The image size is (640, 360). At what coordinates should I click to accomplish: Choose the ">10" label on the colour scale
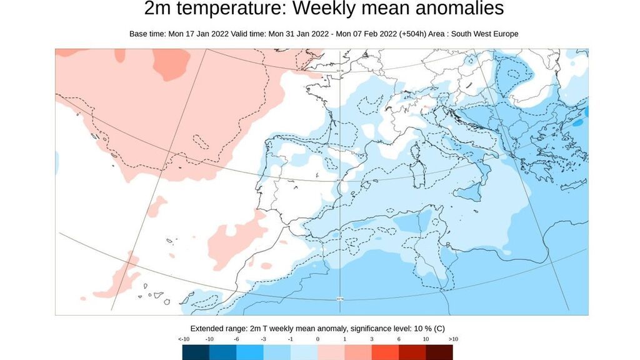pyautogui.click(x=453, y=339)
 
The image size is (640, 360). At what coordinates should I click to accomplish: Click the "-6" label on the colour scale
pyautogui.click(x=237, y=339)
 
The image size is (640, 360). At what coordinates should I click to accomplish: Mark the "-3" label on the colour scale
pyautogui.click(x=264, y=339)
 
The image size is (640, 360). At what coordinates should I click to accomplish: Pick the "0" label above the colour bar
pyautogui.click(x=318, y=339)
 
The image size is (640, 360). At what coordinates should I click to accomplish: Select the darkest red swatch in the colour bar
pyautogui.click(x=439, y=352)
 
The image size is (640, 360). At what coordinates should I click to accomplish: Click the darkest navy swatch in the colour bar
pyautogui.click(x=196, y=352)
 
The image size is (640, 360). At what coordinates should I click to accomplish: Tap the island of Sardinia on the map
pyautogui.click(x=416, y=168)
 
